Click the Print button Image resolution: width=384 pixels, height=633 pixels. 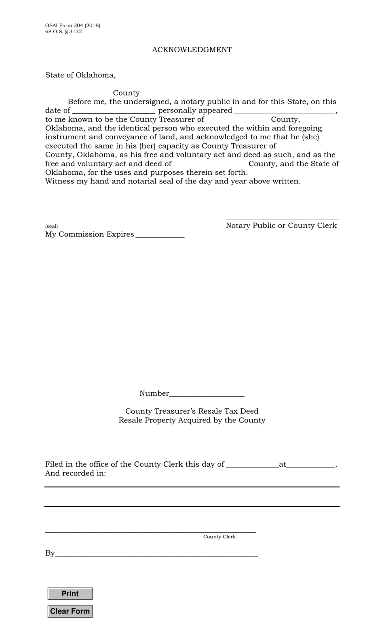[70, 594]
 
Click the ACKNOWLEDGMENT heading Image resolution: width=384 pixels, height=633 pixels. [192, 50]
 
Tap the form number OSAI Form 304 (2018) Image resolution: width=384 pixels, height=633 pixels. [73, 25]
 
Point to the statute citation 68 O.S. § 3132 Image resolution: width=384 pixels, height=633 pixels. [63, 32]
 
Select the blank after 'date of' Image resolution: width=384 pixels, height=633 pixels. [114, 110]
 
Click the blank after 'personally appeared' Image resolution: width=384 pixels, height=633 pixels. [284, 110]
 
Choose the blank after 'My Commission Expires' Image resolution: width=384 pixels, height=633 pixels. [160, 234]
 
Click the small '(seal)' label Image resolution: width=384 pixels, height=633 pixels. [51, 226]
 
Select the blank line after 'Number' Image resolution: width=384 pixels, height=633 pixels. [207, 394]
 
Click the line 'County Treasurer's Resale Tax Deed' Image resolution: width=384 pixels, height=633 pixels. [192, 411]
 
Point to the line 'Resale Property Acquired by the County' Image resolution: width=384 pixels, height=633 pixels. [192, 420]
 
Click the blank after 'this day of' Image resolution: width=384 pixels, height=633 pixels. [252, 465]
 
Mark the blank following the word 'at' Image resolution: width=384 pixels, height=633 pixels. [311, 465]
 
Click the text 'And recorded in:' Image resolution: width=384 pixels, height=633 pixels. [76, 474]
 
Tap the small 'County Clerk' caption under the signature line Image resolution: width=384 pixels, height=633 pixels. [219, 537]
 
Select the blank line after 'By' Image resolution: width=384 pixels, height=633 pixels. [156, 554]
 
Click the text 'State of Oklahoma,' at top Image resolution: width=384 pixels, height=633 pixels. [80, 75]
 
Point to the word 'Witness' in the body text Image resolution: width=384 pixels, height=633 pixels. [57, 181]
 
